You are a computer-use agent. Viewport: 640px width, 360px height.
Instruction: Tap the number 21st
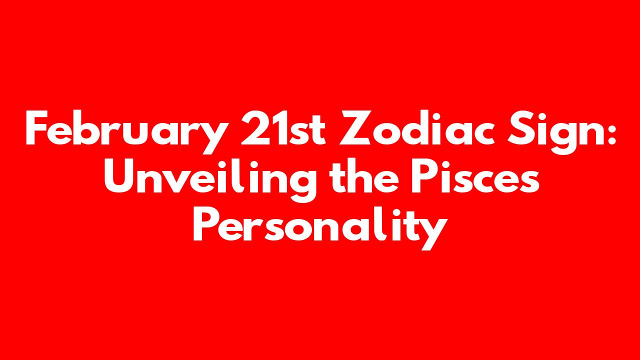283,127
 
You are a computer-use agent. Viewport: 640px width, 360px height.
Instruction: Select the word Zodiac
417,127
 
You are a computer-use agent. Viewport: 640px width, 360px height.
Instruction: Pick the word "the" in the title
363,175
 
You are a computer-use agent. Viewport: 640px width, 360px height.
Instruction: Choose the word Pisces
475,175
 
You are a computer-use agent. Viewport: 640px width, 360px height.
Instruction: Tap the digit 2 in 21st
254,127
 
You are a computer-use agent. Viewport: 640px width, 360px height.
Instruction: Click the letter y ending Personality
430,233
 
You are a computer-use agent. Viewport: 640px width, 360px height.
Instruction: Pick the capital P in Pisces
423,176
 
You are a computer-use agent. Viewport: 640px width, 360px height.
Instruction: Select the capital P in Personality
206,224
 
